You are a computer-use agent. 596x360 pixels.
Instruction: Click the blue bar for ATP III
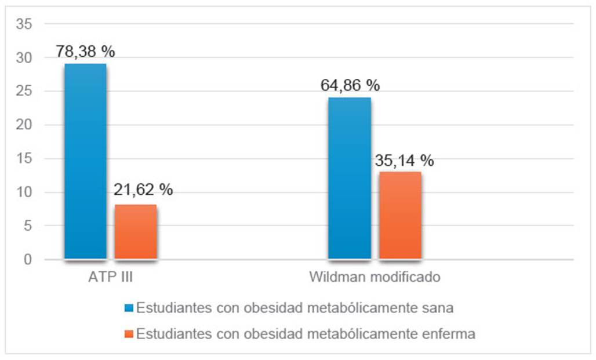pos(85,161)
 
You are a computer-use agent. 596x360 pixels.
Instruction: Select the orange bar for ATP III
pos(136,232)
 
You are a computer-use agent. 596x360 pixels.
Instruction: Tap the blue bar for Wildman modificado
pos(350,178)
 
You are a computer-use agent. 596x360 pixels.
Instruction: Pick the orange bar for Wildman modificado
pos(400,215)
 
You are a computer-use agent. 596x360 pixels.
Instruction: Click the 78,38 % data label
pos(85,51)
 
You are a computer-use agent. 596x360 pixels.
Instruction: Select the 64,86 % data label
pos(350,85)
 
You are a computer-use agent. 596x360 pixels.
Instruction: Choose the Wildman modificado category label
pos(375,277)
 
